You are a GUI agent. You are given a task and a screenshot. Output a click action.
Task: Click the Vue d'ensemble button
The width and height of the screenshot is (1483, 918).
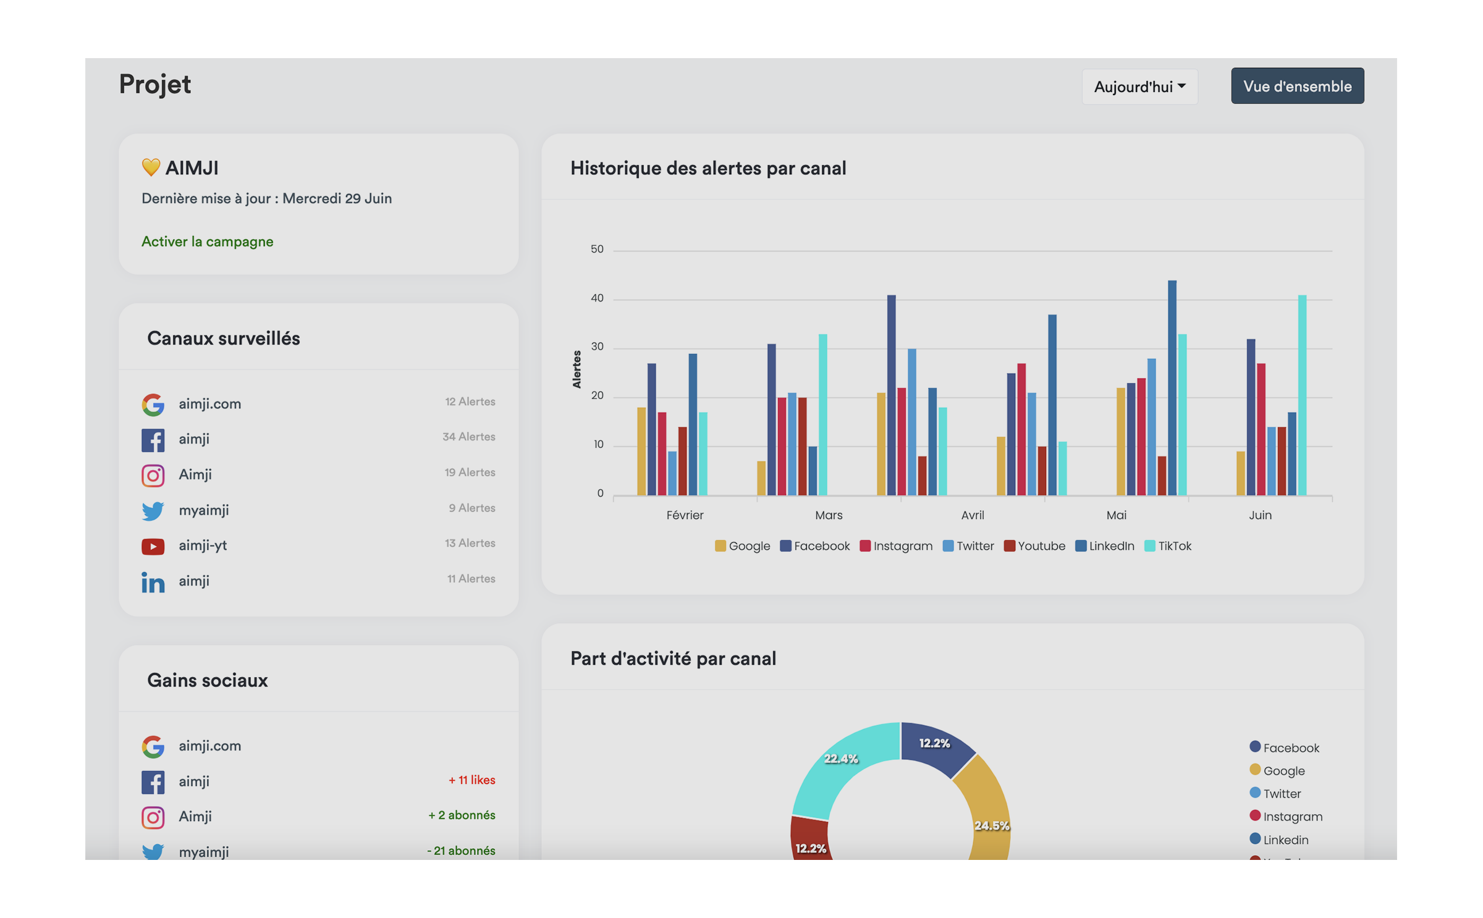(x=1296, y=86)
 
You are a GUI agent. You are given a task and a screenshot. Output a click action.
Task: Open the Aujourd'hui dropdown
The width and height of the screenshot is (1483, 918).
(x=1139, y=86)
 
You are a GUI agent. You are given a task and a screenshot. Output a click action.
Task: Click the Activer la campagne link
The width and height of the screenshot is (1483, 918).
(x=207, y=242)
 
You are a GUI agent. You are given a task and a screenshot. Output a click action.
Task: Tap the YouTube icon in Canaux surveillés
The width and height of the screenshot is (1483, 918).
(x=153, y=546)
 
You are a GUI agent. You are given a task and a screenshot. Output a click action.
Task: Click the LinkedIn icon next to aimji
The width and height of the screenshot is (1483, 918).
(x=153, y=582)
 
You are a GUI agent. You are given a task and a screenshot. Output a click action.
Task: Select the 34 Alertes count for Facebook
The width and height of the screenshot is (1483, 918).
(x=468, y=437)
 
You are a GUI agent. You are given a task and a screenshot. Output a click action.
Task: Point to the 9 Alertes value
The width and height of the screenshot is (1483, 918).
(x=471, y=508)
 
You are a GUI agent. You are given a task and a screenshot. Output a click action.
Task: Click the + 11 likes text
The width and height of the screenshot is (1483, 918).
(x=471, y=780)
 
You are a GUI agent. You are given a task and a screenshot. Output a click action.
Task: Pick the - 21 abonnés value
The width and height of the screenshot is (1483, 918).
(x=460, y=851)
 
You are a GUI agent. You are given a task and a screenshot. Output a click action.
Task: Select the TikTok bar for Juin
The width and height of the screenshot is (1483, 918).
(x=1302, y=395)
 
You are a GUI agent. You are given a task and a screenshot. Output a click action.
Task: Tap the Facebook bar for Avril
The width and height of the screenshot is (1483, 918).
(x=1011, y=434)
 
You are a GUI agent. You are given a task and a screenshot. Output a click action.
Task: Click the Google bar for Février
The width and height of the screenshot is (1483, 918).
(x=641, y=451)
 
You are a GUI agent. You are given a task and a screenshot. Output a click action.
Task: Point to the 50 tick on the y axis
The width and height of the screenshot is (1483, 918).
(x=597, y=249)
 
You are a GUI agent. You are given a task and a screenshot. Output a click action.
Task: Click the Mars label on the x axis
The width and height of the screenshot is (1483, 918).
(x=828, y=515)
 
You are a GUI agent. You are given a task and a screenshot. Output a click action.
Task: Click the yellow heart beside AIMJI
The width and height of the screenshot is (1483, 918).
(x=151, y=167)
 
